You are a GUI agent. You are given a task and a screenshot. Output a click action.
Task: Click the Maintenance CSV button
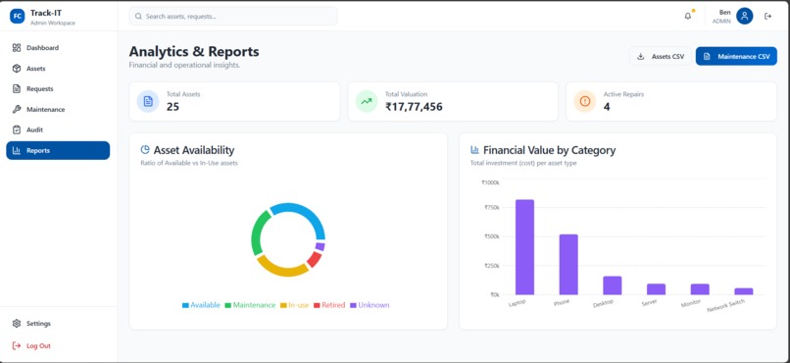[736, 57]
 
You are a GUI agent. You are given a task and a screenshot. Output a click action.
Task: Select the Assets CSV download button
[661, 57]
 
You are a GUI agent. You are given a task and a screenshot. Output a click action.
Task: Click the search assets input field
[232, 16]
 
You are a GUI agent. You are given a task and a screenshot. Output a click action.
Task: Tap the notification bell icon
[688, 16]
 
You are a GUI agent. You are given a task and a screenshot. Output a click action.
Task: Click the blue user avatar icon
[744, 16]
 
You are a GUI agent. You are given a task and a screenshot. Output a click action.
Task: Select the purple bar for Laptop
[524, 247]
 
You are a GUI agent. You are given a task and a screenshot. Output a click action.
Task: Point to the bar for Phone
[568, 265]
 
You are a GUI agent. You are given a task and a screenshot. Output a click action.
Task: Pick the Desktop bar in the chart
[613, 285]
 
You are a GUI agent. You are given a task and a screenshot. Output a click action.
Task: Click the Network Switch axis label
[726, 305]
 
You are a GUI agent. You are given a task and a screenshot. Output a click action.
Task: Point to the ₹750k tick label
[492, 207]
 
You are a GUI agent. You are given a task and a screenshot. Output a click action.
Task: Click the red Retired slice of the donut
[314, 260]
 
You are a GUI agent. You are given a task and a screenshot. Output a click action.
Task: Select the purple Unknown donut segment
[320, 246]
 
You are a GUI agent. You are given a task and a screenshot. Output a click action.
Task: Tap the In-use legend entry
[294, 305]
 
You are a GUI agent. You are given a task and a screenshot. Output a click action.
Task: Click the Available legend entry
[201, 305]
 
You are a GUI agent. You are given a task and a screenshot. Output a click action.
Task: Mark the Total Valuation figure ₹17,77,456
[414, 106]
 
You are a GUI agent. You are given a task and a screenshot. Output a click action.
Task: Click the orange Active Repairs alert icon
[584, 101]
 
